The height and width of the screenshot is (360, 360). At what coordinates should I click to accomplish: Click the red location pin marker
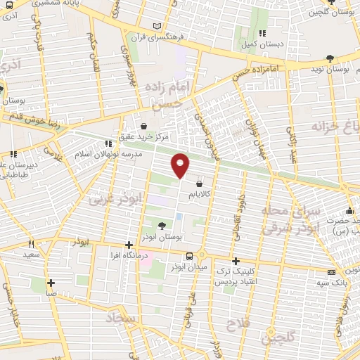coord(181,165)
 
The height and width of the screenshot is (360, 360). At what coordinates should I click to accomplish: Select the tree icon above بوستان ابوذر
coord(162,226)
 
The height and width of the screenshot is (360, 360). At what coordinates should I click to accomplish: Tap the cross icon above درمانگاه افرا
coord(128,245)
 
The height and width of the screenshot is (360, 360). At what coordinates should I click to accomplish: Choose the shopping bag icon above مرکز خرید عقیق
coord(143,125)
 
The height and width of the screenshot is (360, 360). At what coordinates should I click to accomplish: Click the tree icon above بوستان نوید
coord(330,60)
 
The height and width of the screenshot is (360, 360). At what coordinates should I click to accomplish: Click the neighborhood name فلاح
coord(240,324)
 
